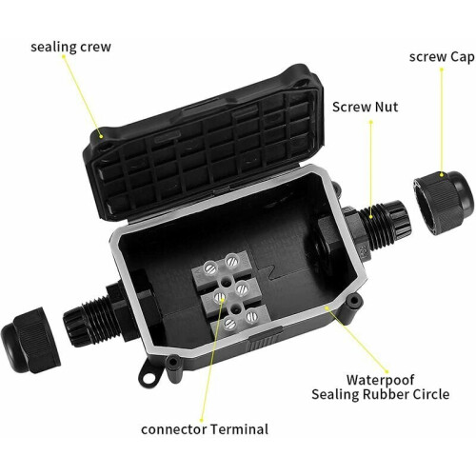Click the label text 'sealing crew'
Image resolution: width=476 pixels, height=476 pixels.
tap(70, 48)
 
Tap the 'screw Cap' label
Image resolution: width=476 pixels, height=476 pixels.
tap(442, 57)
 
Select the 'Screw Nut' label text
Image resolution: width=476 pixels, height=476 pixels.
tap(365, 107)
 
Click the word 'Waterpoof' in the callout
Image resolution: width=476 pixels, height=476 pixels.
tap(380, 380)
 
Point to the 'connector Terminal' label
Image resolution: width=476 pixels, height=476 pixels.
tap(205, 429)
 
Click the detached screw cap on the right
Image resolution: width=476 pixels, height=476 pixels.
tap(445, 203)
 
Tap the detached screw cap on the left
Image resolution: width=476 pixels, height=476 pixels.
tap(30, 340)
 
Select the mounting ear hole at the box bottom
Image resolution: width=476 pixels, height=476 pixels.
tap(148, 378)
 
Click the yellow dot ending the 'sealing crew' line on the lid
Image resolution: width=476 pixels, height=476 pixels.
tap(101, 137)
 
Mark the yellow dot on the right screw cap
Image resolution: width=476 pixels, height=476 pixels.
tap(442, 174)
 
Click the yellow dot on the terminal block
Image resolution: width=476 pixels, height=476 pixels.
tap(222, 298)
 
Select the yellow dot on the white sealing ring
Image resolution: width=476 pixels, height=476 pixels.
tap(327, 307)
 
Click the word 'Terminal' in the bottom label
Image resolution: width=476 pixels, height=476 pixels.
tap(239, 429)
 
